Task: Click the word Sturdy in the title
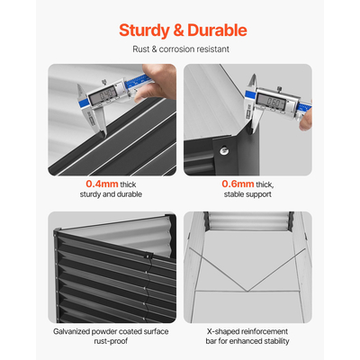144,31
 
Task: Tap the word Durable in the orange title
217,31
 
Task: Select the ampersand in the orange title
178,31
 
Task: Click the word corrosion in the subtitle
177,49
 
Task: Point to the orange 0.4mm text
102,184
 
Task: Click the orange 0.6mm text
238,184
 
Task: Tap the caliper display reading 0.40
106,94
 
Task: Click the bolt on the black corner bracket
223,150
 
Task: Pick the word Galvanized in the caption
71,332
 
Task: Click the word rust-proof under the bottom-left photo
111,341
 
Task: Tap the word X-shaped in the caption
221,332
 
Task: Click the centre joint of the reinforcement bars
247,291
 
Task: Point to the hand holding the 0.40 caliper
157,83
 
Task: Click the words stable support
247,194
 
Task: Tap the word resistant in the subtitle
213,49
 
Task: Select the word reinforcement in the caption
263,332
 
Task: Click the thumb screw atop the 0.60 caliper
279,88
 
